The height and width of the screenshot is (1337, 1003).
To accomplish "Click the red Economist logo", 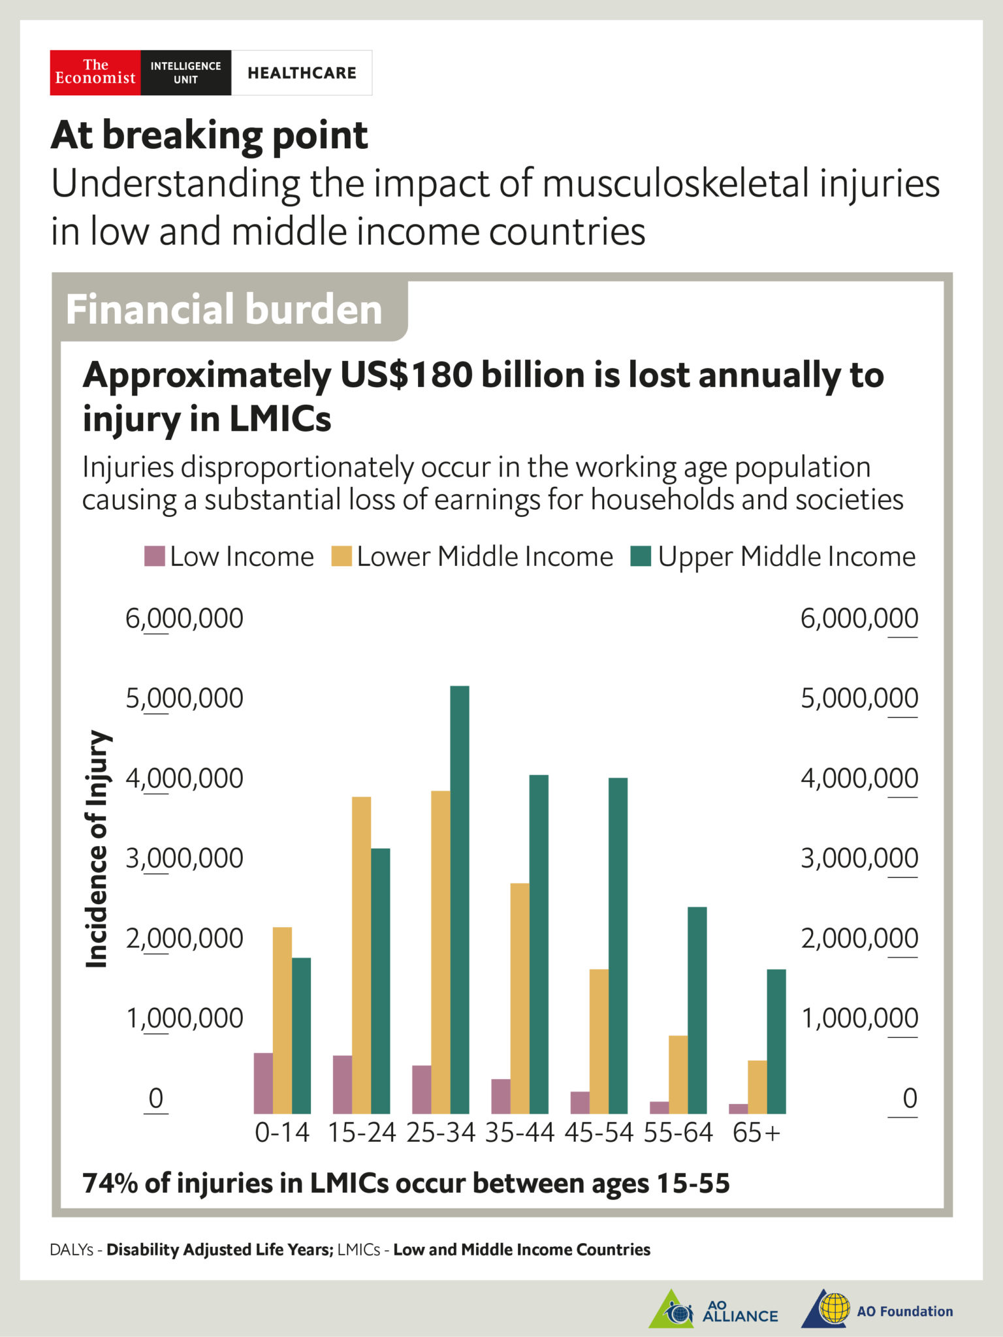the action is (95, 72).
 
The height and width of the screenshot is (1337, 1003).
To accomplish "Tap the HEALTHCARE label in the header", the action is (302, 73).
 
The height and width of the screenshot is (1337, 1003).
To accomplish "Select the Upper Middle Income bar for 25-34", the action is (460, 900).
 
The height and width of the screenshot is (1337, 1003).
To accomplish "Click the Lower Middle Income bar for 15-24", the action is (361, 955).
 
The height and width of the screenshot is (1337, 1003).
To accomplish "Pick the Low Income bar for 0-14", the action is (263, 1083).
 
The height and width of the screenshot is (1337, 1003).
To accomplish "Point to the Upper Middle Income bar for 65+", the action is (776, 1041).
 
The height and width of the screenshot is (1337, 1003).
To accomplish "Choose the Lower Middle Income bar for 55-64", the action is (678, 1075).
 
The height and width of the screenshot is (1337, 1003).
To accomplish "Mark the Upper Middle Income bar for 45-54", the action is (618, 946).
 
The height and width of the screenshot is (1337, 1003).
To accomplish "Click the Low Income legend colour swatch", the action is (155, 556).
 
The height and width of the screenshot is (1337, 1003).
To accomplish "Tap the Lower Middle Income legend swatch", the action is (342, 556).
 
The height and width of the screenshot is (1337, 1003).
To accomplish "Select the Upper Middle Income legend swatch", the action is (641, 556).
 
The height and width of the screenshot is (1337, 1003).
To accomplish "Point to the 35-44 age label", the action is (520, 1133).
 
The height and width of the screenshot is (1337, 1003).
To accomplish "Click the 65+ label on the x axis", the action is (757, 1133).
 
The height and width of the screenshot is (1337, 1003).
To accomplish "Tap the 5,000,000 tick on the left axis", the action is (184, 699).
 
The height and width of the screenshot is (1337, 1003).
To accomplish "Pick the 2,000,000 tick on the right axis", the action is (859, 939).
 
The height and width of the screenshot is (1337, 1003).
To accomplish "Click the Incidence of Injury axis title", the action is (97, 849).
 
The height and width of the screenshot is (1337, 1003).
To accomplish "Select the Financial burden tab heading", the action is (224, 309).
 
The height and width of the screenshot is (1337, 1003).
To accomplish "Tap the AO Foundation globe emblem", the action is (834, 1308).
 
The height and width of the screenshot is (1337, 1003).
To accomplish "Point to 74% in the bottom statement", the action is (110, 1184).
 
